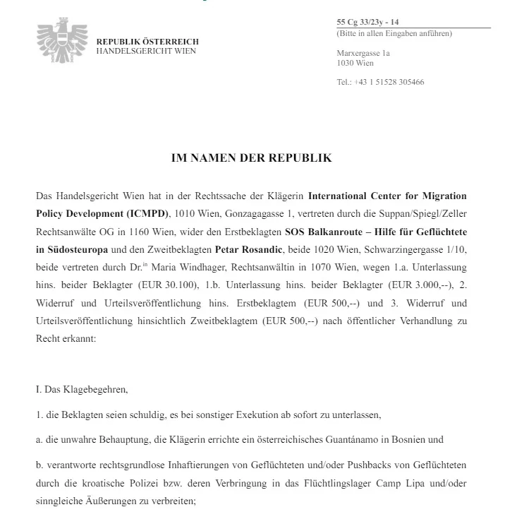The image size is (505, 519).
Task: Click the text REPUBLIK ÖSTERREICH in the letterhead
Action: tap(147, 42)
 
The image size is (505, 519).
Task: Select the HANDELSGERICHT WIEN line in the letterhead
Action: tap(146, 52)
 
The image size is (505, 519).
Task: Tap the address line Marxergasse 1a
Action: tap(364, 53)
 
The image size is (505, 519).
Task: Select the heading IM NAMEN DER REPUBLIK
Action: tap(251, 158)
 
